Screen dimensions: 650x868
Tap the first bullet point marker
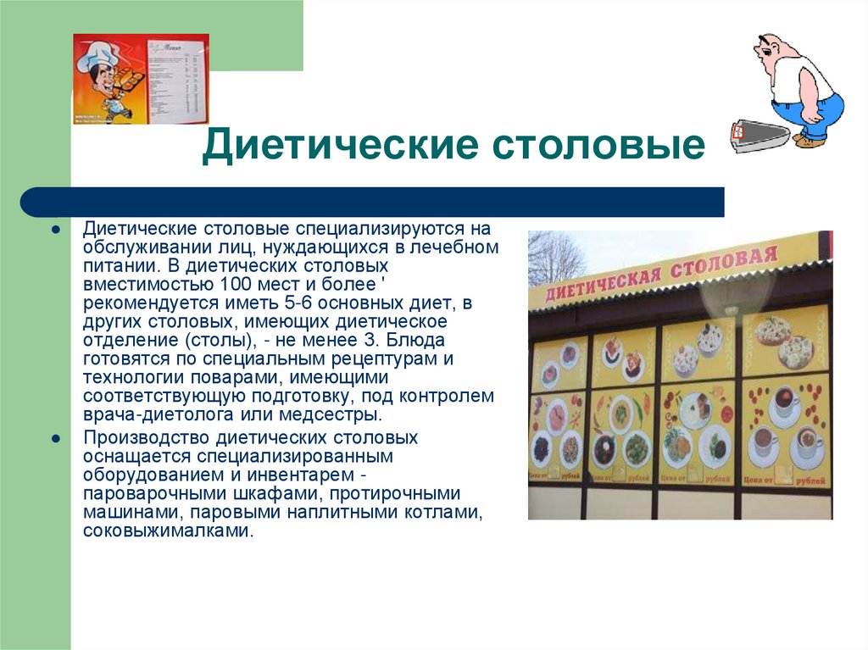[x=54, y=230]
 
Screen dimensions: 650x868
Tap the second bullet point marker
[x=54, y=439]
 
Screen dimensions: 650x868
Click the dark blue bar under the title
[x=373, y=203]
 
